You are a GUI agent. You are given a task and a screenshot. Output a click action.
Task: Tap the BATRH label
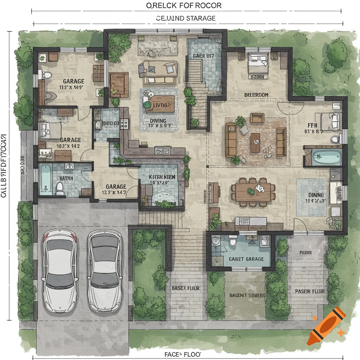pos(66,178)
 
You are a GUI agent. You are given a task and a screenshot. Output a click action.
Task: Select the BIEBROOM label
pos(256,95)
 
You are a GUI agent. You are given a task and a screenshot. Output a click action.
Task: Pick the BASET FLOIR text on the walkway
pos(186,288)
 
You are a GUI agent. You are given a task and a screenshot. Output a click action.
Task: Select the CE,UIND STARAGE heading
pos(186,18)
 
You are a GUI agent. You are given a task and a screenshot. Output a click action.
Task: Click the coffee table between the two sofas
pos(255,142)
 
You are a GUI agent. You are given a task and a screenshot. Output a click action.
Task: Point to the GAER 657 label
pos(204,56)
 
